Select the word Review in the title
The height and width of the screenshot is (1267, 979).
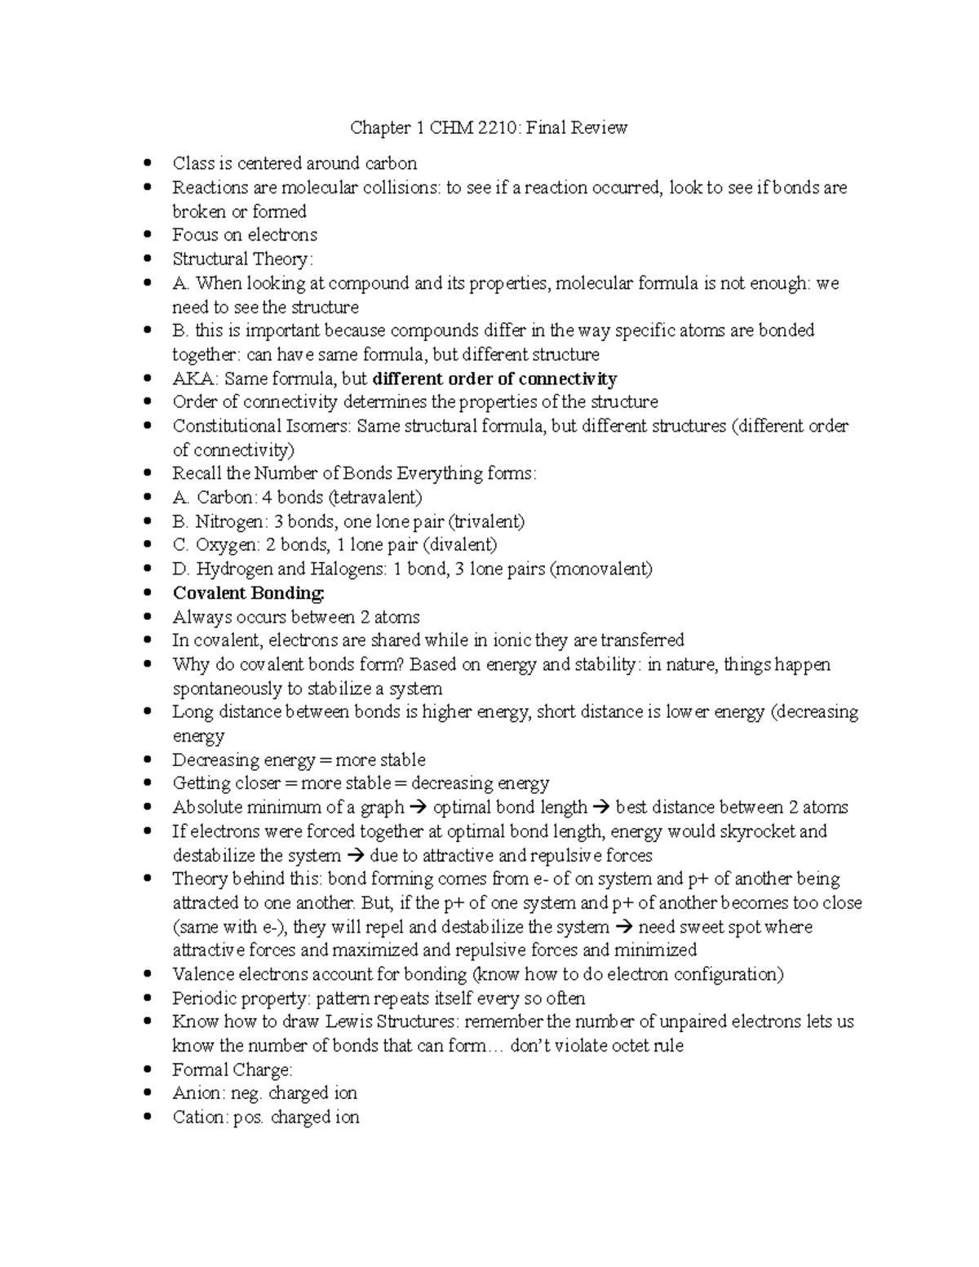[600, 127]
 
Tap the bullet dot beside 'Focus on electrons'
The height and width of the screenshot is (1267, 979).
[147, 235]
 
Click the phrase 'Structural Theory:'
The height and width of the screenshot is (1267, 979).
[242, 259]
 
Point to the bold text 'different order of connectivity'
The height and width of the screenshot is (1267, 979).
[494, 379]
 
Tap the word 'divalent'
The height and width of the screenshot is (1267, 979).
[462, 545]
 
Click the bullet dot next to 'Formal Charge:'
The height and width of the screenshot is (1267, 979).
[147, 1070]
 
